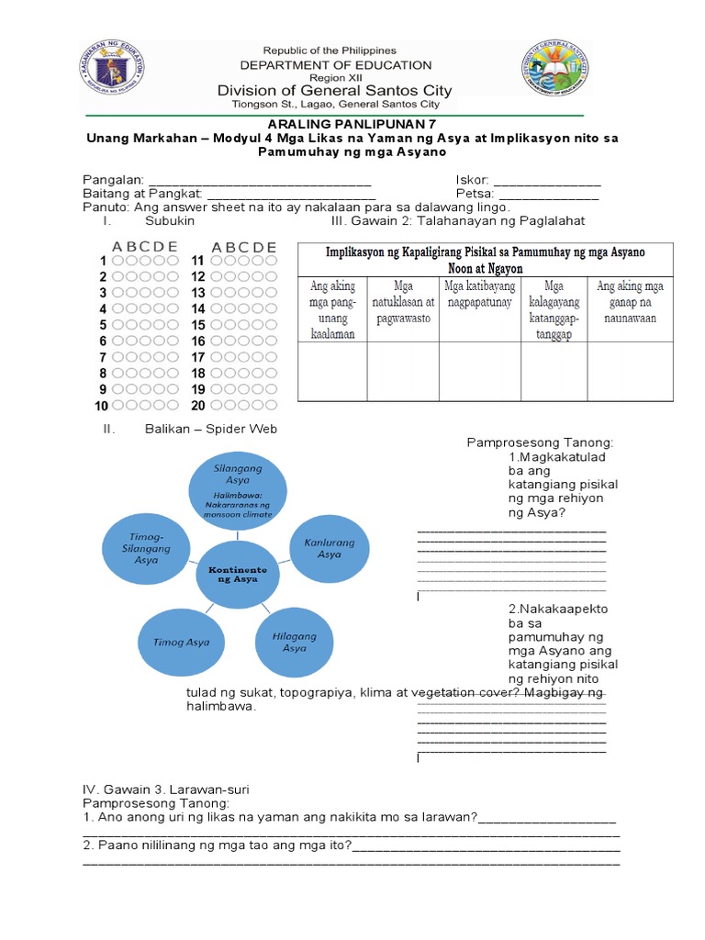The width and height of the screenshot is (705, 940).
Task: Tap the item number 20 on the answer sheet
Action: tap(197, 405)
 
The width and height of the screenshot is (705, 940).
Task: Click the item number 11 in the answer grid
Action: tap(197, 262)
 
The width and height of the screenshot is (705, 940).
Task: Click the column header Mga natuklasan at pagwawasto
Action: tap(403, 302)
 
